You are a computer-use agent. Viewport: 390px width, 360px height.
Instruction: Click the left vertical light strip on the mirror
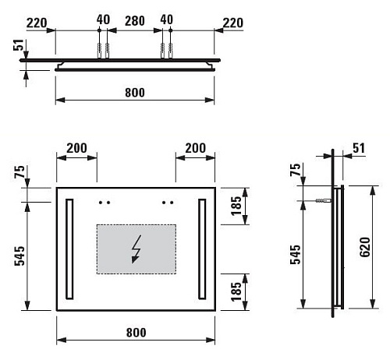coord(70,249)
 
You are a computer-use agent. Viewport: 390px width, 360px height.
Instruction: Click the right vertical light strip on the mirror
coord(203,249)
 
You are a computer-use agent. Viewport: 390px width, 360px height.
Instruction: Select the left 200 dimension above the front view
coord(76,148)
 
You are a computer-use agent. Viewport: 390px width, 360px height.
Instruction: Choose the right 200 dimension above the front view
coord(195,148)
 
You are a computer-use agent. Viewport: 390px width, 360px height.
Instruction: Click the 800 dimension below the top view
coord(135,93)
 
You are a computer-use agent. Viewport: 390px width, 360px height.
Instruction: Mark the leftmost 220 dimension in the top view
coord(35,23)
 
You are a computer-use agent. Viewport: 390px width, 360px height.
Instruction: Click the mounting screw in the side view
coord(320,201)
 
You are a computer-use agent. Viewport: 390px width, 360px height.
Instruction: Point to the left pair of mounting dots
coord(105,202)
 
